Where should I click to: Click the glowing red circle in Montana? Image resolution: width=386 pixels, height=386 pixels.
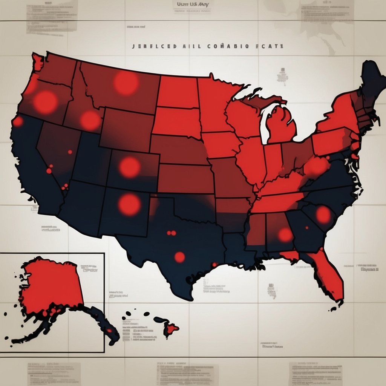tap(126, 83)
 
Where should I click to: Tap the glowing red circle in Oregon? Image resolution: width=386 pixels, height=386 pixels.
tap(45, 102)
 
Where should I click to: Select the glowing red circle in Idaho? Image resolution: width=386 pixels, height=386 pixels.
tap(90, 120)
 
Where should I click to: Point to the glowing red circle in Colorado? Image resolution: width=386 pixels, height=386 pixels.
tap(130, 167)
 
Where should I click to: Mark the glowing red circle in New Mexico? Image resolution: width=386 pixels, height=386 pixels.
tap(129, 205)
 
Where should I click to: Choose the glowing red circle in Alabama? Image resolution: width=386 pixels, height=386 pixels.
tap(285, 235)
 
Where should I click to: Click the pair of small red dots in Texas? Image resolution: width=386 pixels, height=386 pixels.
tap(171, 233)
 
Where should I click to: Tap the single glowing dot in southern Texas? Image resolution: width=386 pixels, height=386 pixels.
tap(180, 257)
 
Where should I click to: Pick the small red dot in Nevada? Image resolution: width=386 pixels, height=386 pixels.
tap(70, 152)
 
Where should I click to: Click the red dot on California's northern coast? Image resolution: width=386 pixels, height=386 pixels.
tap(18, 122)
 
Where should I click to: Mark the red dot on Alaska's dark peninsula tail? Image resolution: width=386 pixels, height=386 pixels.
tap(109, 330)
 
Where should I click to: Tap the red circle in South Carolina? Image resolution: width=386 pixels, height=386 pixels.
tap(323, 214)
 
